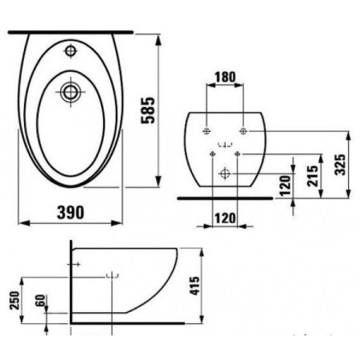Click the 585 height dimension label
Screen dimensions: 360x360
148,110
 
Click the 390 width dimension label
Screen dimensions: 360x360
70,213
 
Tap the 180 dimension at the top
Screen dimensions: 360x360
226,77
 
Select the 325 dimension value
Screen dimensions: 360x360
340,165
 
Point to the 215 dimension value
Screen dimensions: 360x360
313,176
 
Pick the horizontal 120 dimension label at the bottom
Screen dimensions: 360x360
226,218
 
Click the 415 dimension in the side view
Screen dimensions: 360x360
194,286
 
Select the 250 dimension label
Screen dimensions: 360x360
15,301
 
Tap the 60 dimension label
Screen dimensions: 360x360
41,301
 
